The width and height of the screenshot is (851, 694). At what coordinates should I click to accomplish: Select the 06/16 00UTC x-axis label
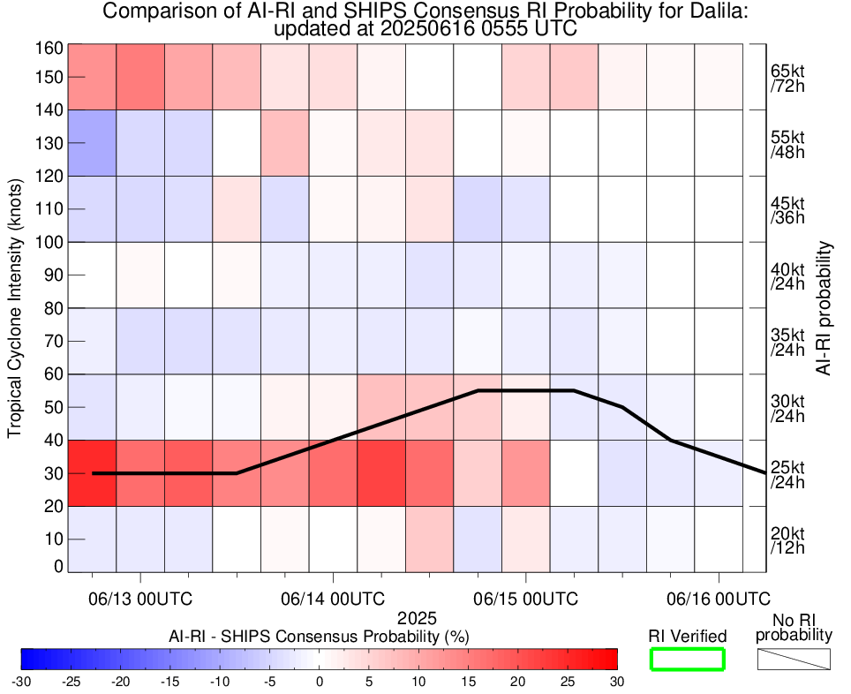tap(719, 598)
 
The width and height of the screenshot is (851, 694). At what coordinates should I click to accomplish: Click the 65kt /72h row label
tap(787, 77)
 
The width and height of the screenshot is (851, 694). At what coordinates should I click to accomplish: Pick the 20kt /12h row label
tap(787, 539)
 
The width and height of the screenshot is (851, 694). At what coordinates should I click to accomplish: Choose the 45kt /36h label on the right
tap(787, 209)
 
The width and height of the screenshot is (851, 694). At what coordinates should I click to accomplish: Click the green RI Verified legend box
tap(688, 659)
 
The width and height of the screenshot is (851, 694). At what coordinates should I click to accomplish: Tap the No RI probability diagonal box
tap(794, 659)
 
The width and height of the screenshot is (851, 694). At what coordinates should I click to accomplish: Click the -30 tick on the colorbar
tap(21, 681)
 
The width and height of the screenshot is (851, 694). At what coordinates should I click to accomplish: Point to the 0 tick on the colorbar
tap(320, 681)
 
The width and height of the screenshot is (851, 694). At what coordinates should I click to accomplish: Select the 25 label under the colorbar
tap(568, 681)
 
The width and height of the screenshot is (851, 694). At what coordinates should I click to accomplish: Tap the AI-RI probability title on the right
tap(825, 308)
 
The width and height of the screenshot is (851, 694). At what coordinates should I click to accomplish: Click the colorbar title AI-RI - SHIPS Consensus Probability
tap(319, 636)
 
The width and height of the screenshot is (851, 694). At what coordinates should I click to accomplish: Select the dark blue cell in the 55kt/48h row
tap(92, 142)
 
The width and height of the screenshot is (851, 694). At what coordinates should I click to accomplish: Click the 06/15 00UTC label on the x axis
tap(526, 598)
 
